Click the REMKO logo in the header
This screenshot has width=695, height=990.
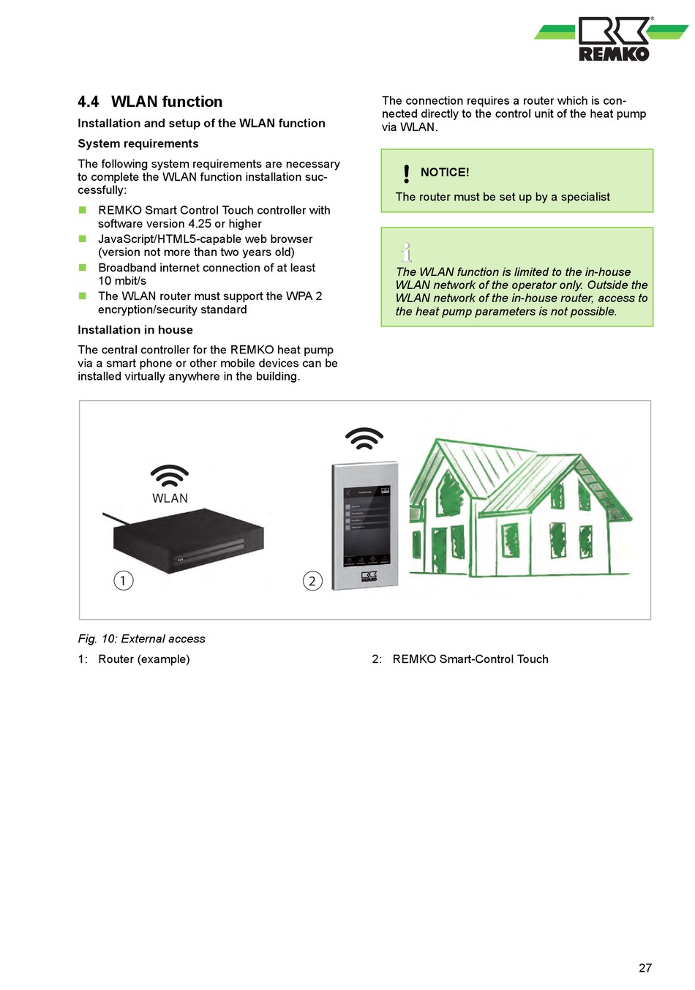click(x=613, y=40)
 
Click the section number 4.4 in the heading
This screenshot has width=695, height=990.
click(x=89, y=102)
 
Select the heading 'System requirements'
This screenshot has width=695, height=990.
click(x=138, y=143)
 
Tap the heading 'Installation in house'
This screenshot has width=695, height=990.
click(x=135, y=330)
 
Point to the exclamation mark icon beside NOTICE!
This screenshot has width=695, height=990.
click(x=407, y=173)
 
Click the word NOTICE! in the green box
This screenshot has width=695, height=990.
click(x=445, y=173)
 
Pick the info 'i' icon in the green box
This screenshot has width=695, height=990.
click(x=407, y=252)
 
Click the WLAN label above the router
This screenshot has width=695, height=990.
click(x=170, y=498)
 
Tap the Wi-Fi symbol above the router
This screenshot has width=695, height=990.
click(x=170, y=476)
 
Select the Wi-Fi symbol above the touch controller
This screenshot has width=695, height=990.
click(x=364, y=439)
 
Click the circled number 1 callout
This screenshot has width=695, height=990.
click(x=124, y=580)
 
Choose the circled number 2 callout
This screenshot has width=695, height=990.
click(x=312, y=581)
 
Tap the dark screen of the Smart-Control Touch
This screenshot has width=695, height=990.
click(x=367, y=524)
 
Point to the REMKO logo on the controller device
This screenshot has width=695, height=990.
click(x=369, y=577)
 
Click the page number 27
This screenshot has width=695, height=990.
click(x=645, y=968)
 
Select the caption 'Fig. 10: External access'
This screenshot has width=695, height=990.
click(x=142, y=639)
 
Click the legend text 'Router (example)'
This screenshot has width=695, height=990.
click(x=144, y=659)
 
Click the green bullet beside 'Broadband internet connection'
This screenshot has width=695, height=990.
click(x=83, y=268)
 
